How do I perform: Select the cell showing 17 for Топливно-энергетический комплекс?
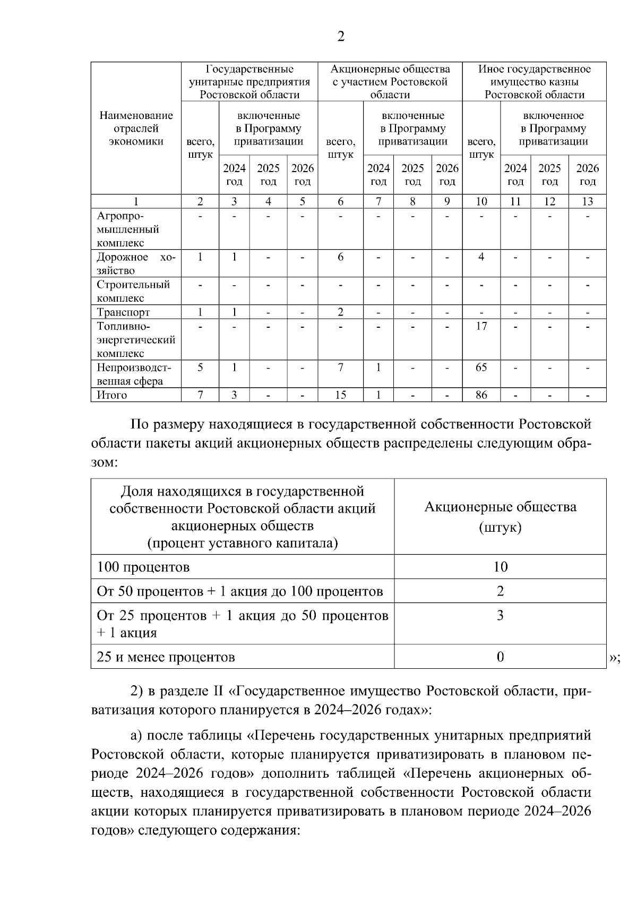pyautogui.click(x=481, y=326)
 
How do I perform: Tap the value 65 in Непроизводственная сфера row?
pyautogui.click(x=481, y=368)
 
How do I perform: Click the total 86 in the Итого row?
pyautogui.click(x=481, y=395)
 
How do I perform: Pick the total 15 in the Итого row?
pyautogui.click(x=340, y=395)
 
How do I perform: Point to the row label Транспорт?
pyautogui.click(x=123, y=312)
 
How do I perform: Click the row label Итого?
pyautogui.click(x=112, y=395)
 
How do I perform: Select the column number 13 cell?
pyautogui.click(x=587, y=202)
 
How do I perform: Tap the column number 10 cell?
pyautogui.click(x=481, y=202)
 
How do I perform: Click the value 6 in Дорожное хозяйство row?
pyautogui.click(x=340, y=257)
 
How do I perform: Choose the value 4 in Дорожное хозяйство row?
pyautogui.click(x=481, y=257)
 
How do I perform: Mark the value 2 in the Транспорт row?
pyautogui.click(x=340, y=312)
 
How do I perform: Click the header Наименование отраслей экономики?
pyautogui.click(x=136, y=129)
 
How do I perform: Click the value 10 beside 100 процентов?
pyautogui.click(x=500, y=567)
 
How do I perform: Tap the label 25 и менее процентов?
pyautogui.click(x=166, y=657)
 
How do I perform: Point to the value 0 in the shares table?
pyautogui.click(x=500, y=657)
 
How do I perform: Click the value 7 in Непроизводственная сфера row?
pyautogui.click(x=340, y=368)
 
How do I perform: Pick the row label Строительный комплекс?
pyautogui.click(x=133, y=291)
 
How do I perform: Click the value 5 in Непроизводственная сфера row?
pyautogui.click(x=200, y=368)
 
